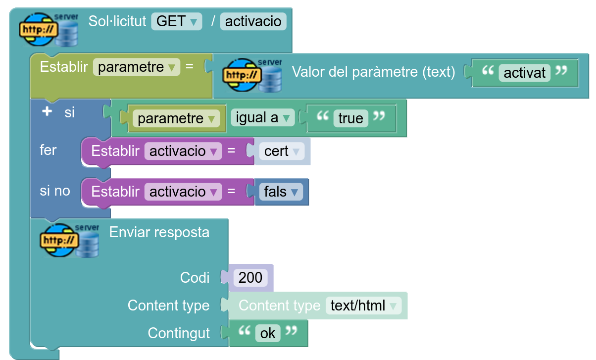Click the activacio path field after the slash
pyautogui.click(x=253, y=21)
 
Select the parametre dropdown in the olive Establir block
pyautogui.click(x=136, y=67)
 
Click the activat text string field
pyautogui.click(x=524, y=73)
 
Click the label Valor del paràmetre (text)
pyautogui.click(x=373, y=72)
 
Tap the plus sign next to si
pyautogui.click(x=47, y=112)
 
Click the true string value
pyautogui.click(x=350, y=118)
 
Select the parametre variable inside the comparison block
pyautogui.click(x=176, y=118)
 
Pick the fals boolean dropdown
pyautogui.click(x=281, y=192)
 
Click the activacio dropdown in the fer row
pyautogui.click(x=183, y=151)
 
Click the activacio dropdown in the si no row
pyautogui.click(x=183, y=192)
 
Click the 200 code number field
pyautogui.click(x=250, y=277)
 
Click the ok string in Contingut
pyautogui.click(x=268, y=333)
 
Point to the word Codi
pyautogui.click(x=195, y=278)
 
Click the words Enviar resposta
pyautogui.click(x=159, y=232)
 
